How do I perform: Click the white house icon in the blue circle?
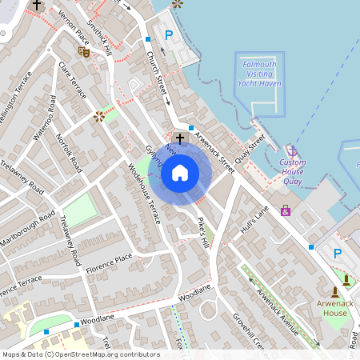(x=180, y=172)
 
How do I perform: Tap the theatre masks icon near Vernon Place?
(x=83, y=52)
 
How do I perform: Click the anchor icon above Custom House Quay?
(x=293, y=150)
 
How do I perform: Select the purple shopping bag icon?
(x=285, y=210)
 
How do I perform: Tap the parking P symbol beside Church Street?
(x=168, y=34)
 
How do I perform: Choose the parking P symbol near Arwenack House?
(x=337, y=253)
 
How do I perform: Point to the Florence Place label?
(x=111, y=259)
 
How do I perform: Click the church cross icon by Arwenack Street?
(x=180, y=138)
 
